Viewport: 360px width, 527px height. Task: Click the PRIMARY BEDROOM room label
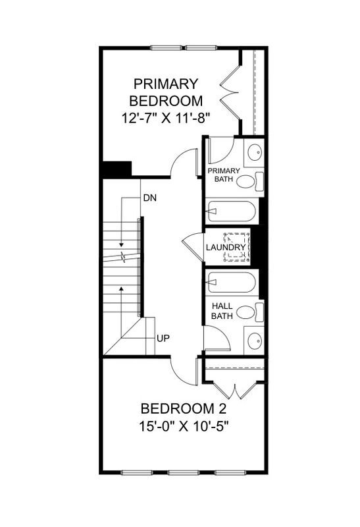165,92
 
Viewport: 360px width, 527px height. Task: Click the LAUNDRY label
225,248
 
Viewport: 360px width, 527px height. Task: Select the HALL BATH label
222,311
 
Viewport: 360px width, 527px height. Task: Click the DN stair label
149,198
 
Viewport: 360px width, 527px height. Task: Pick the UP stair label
163,338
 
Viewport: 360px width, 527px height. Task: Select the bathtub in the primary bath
230,211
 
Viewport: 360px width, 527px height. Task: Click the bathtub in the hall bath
230,283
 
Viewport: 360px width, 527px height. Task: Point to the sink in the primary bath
253,154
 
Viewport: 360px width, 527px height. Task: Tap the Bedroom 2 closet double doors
235,389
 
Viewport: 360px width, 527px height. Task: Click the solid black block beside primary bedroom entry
116,169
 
